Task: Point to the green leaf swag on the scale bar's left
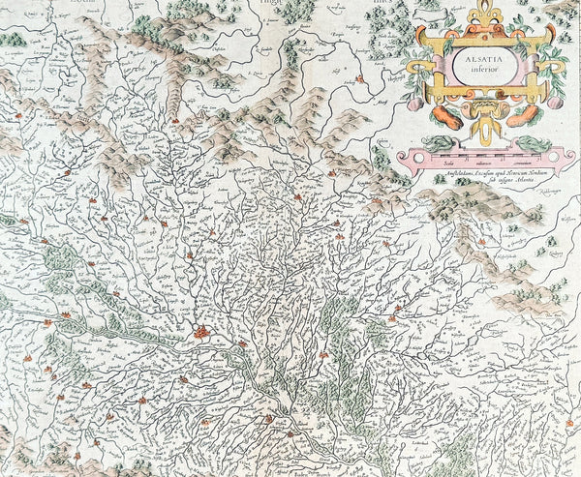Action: (x=438, y=143)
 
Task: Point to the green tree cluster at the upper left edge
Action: (x=12, y=39)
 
